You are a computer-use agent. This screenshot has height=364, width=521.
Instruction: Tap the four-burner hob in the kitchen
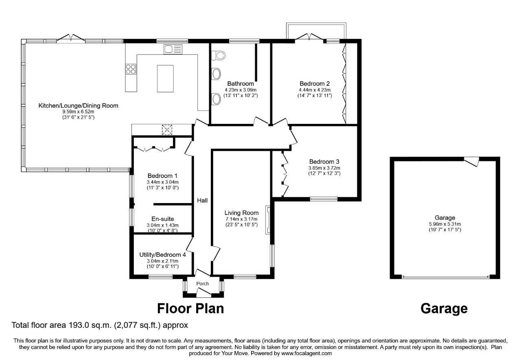point(131,69)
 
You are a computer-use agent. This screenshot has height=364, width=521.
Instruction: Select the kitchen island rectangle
point(165,78)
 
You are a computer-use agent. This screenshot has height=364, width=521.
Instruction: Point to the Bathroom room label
point(241,84)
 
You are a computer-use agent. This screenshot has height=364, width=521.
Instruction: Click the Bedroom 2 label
point(314,84)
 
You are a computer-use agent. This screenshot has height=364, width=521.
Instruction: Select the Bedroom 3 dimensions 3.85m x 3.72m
point(324,168)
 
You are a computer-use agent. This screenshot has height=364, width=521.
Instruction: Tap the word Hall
point(202,201)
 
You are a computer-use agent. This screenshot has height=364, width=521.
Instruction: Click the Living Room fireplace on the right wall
point(268,220)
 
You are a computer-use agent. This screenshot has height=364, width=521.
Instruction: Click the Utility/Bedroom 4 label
point(162,255)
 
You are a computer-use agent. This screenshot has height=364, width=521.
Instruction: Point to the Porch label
point(202,284)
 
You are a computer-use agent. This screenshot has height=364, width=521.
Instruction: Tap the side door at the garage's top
point(473,161)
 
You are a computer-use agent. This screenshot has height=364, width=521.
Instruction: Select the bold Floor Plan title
point(190,309)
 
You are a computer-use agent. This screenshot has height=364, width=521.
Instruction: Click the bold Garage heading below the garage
point(444,309)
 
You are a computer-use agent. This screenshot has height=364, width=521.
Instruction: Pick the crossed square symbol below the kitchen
point(167,130)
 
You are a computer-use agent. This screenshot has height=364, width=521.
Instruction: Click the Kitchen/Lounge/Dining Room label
point(78,106)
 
